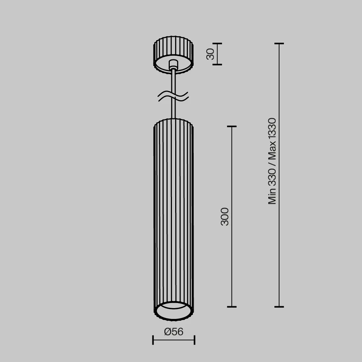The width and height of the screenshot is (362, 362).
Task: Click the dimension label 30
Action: (x=210, y=54)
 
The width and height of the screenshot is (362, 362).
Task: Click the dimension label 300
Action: (x=225, y=216)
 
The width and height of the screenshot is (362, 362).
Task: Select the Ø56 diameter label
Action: (x=174, y=332)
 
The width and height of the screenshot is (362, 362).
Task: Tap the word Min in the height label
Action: (x=272, y=197)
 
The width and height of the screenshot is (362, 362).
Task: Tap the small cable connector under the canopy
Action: (x=173, y=65)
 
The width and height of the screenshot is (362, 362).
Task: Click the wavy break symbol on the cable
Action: (x=173, y=96)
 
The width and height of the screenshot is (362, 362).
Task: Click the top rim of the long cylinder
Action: (x=173, y=120)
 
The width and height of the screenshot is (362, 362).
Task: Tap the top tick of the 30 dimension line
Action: (x=217, y=43)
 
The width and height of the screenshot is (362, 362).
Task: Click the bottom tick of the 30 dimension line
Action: (x=217, y=64)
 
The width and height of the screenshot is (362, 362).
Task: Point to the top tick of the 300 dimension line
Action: (x=232, y=126)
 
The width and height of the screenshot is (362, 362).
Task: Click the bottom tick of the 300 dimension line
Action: (x=232, y=307)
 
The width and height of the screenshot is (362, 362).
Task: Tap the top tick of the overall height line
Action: (x=279, y=43)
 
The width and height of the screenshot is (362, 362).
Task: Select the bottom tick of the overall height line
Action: (x=279, y=307)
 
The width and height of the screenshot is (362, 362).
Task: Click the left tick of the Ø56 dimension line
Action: (x=153, y=340)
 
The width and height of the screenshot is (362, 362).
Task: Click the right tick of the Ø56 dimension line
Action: (x=194, y=340)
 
